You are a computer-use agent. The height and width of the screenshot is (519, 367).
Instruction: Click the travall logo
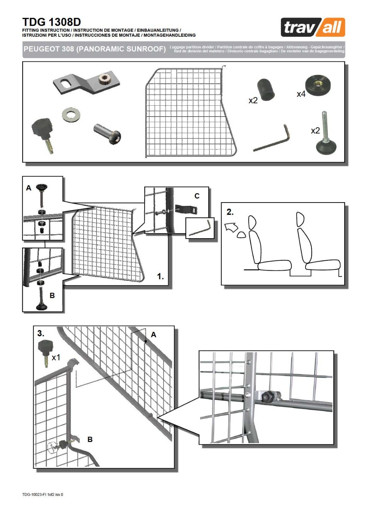click(313, 27)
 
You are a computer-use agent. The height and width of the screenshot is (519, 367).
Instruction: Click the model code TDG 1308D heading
click(51, 22)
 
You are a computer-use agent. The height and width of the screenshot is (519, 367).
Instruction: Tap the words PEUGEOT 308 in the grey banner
click(49, 49)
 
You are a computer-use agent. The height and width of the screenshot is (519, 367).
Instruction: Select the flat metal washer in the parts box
click(71, 113)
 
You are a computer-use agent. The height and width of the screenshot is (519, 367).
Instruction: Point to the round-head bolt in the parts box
click(107, 134)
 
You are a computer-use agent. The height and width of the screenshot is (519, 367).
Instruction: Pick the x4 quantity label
click(301, 94)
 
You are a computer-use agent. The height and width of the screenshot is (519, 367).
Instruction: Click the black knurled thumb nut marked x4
click(318, 84)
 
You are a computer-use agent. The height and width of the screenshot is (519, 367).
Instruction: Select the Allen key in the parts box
click(272, 139)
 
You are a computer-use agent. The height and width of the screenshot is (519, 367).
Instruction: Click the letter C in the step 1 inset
click(197, 196)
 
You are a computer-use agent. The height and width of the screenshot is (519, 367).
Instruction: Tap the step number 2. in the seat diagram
click(230, 212)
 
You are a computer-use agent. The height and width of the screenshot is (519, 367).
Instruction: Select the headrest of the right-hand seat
click(300, 219)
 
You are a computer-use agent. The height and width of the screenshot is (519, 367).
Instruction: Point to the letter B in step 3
click(90, 439)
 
